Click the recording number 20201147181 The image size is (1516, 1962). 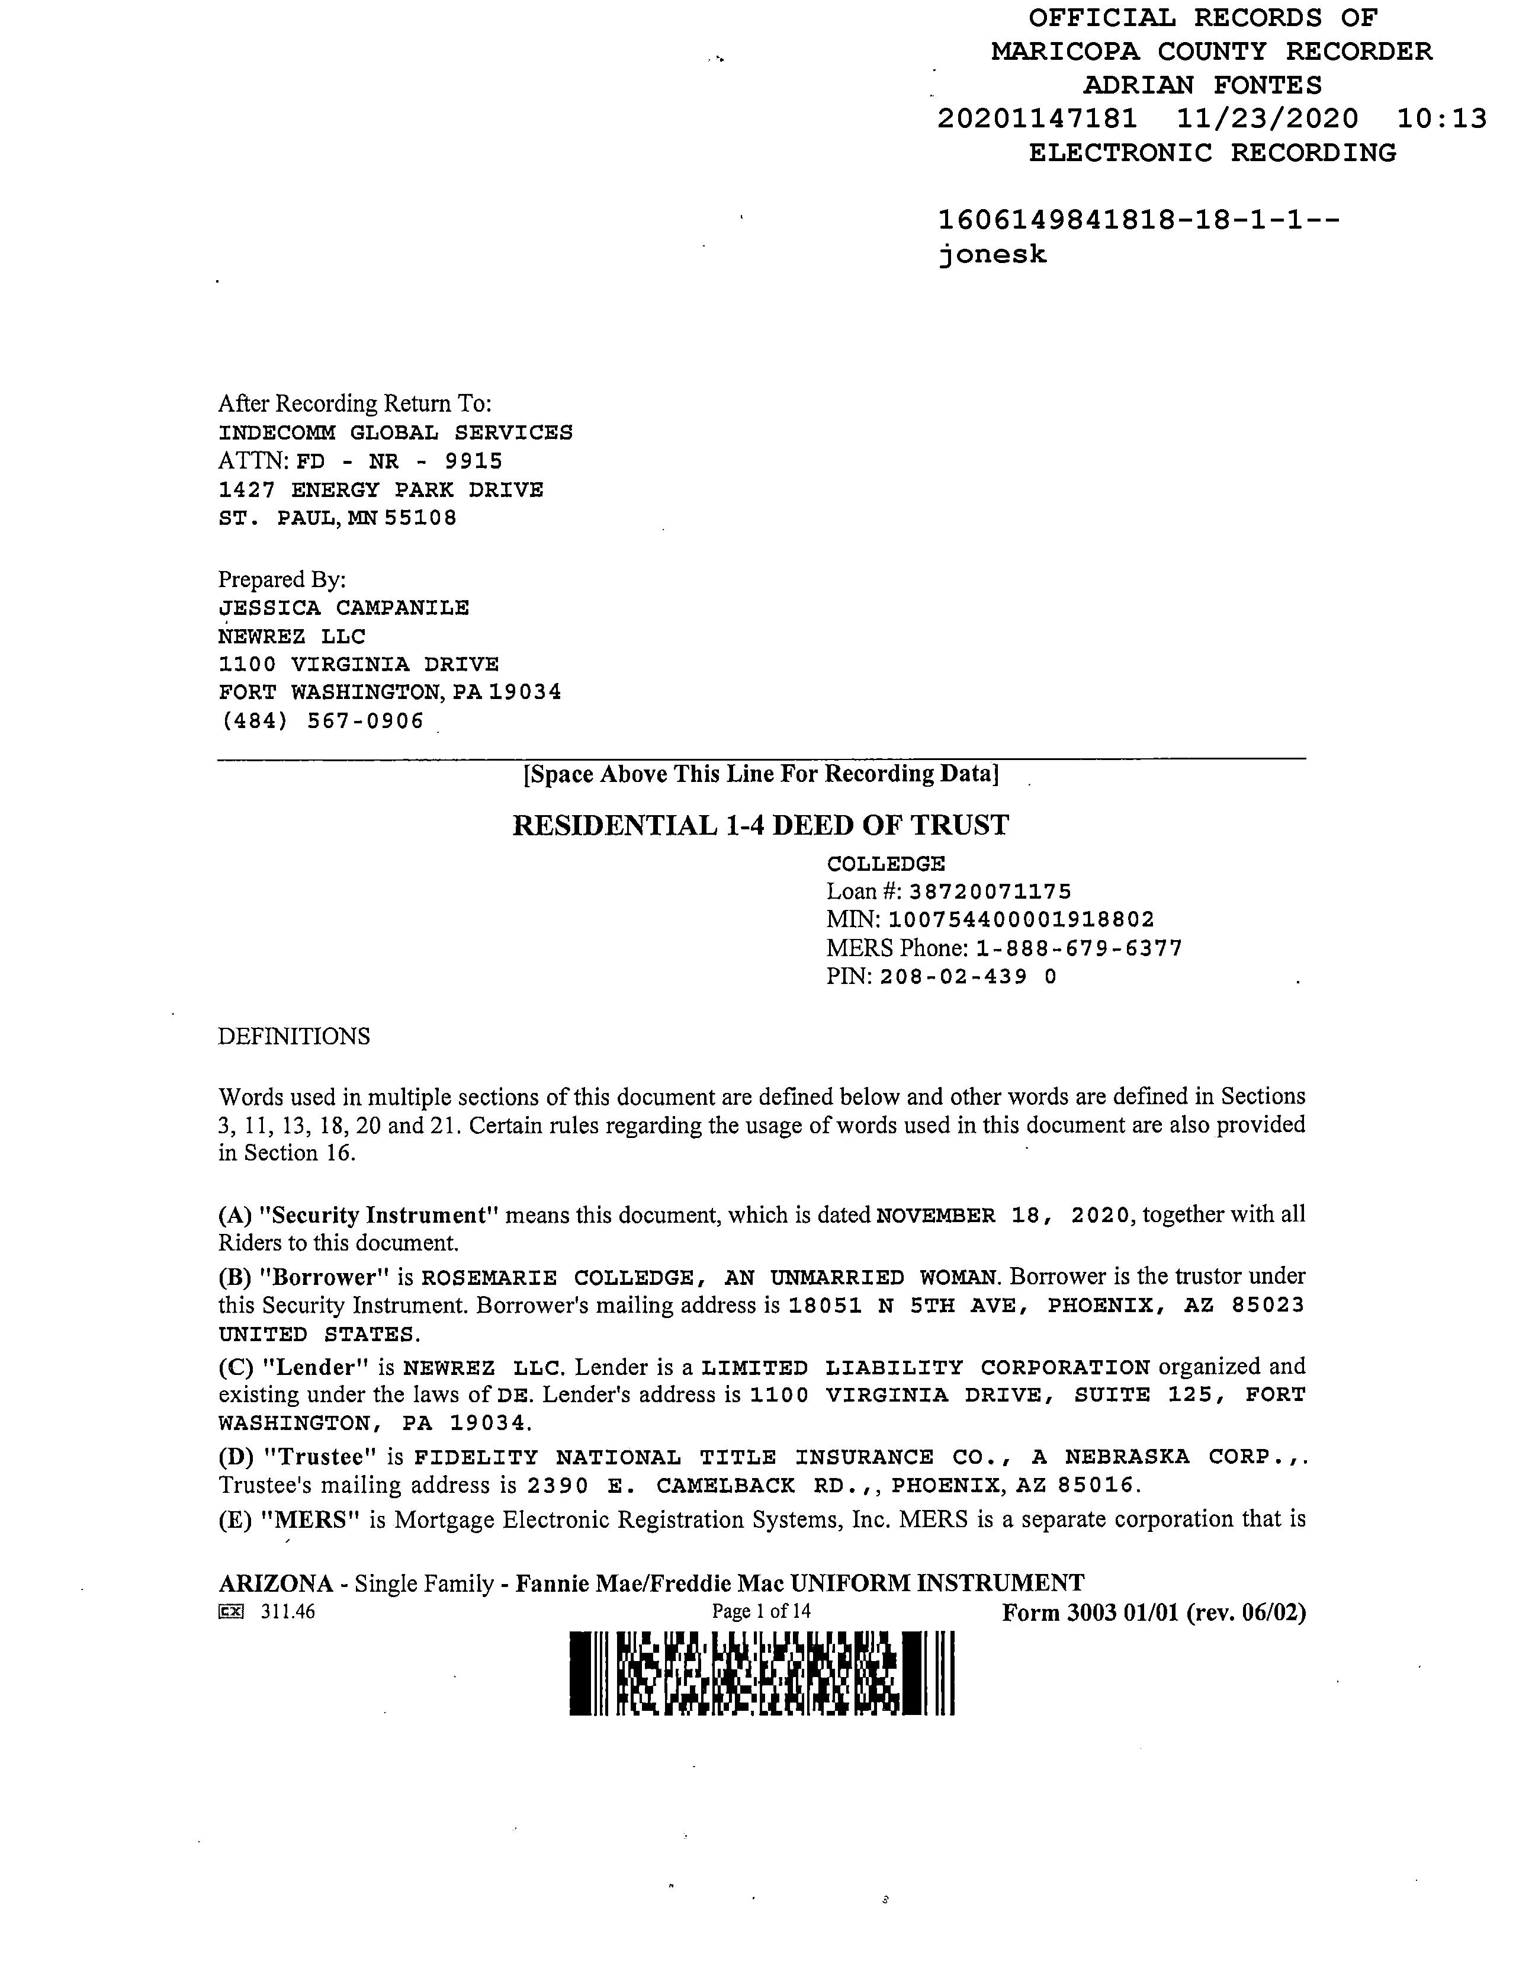[x=1038, y=118]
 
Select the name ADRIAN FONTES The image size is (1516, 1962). [x=1203, y=85]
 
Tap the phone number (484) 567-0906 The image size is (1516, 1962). [x=322, y=722]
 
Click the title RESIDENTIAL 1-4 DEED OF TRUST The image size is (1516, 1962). [x=761, y=825]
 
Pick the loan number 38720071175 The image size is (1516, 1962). [x=990, y=892]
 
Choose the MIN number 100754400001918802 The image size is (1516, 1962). [x=1021, y=920]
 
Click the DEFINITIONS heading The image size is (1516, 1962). [x=294, y=1037]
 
